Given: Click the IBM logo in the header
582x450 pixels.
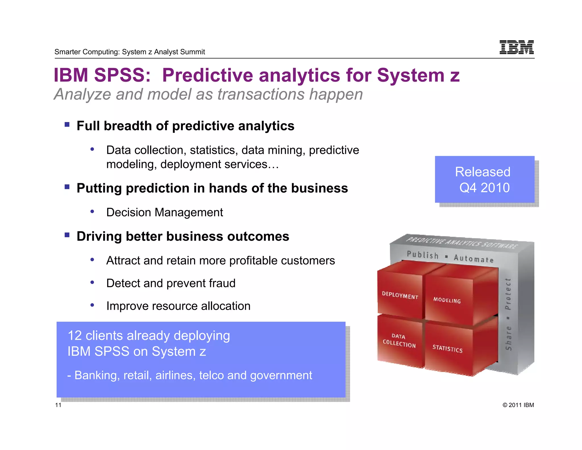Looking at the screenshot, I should (516, 47).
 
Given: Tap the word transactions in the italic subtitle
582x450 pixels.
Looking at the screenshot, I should (261, 94).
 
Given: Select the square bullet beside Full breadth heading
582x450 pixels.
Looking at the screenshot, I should (67, 125).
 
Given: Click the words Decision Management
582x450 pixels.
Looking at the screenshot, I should (164, 212).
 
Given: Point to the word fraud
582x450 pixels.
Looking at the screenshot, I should (222, 283).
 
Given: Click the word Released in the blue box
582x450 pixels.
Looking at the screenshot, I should (483, 172).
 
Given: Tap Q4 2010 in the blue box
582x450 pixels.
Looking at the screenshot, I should (484, 188).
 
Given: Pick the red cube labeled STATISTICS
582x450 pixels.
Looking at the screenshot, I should (447, 348).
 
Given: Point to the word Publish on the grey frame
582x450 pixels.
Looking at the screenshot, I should (423, 255).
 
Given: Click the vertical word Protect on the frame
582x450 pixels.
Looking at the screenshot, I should (508, 294).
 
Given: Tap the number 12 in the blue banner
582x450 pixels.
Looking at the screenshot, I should (75, 336).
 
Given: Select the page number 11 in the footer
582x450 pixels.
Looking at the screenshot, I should (58, 405).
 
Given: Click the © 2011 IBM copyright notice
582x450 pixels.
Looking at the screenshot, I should (518, 405).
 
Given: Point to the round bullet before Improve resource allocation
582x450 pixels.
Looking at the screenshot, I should (92, 305).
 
